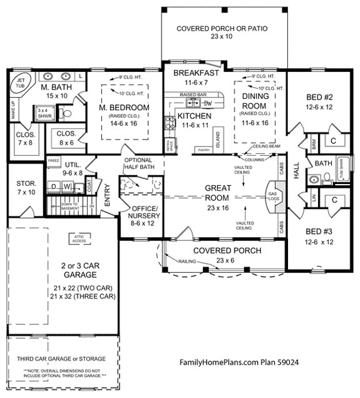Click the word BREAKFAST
[x=196, y=73]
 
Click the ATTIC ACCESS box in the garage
[x=78, y=238]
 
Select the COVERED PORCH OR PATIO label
[x=222, y=33]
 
